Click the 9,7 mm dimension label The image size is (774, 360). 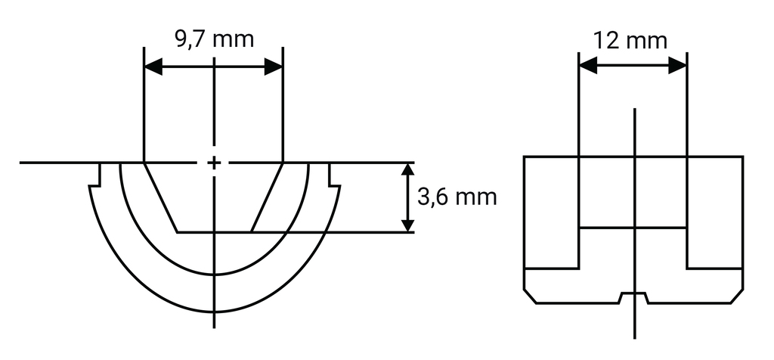pos(214,39)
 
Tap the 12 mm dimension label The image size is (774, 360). pos(631,39)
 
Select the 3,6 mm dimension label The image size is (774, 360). pos(457,197)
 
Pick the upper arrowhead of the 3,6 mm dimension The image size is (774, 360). pos(407,170)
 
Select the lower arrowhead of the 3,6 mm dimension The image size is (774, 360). pos(407,224)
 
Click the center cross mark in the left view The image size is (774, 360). pos(215,163)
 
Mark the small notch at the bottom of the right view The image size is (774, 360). pos(633,296)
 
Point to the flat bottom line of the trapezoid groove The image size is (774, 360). pos(215,231)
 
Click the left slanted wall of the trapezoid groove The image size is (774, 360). pos(160,197)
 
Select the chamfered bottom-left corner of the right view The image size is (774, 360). pos(530,296)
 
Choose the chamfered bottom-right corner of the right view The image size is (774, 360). pos(737,296)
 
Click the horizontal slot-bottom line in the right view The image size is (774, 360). pos(633,228)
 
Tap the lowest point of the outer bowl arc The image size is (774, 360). pos(215,312)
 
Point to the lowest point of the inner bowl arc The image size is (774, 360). pos(215,274)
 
